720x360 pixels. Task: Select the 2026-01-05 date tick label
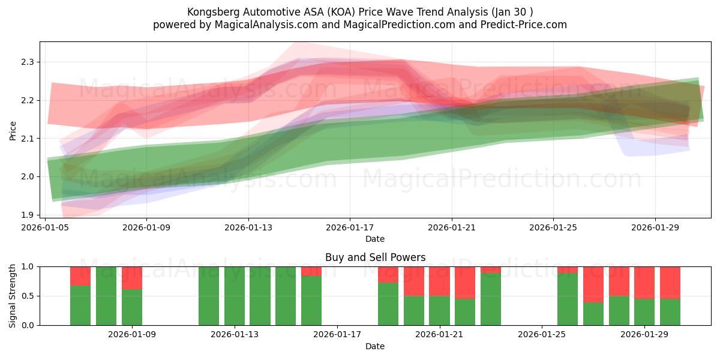(46, 228)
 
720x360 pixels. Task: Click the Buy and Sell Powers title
(375, 257)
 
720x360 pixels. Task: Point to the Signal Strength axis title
(13, 296)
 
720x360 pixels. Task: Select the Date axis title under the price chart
(375, 239)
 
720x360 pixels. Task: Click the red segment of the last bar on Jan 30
(670, 282)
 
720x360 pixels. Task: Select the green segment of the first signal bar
(80, 306)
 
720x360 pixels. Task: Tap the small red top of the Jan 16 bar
(311, 271)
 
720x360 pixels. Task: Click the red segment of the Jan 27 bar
(593, 284)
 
